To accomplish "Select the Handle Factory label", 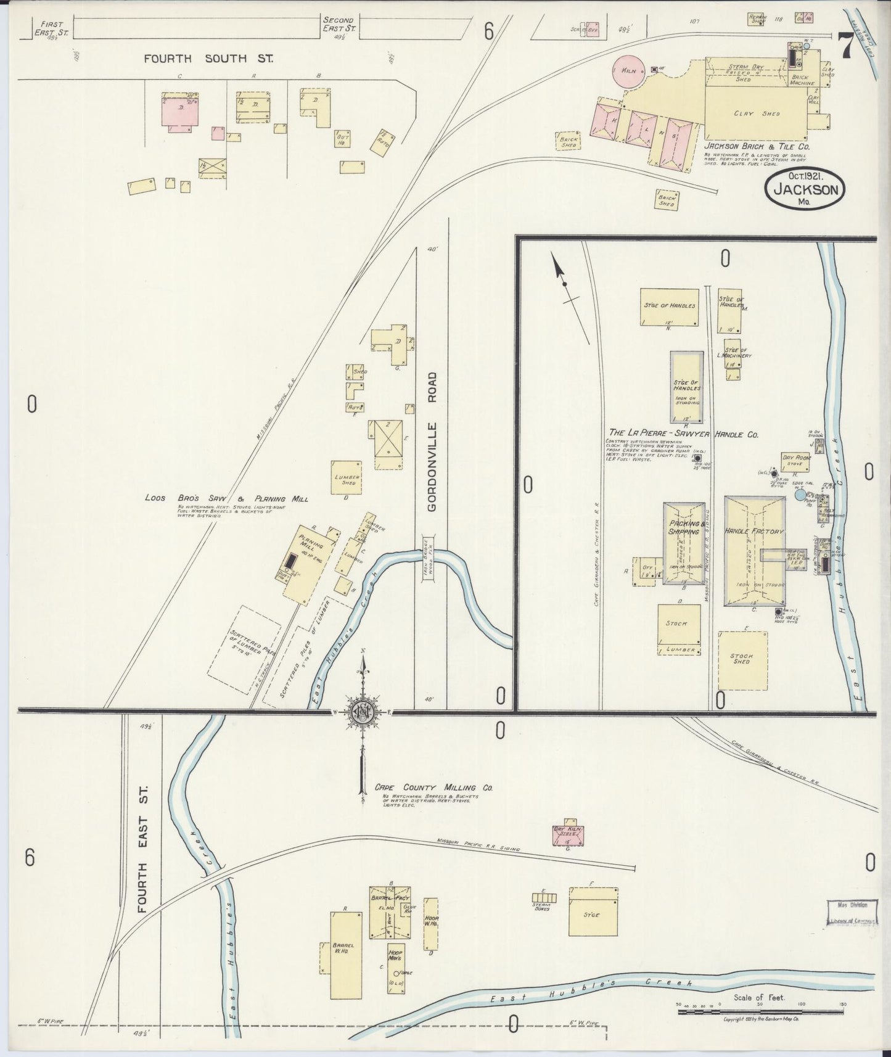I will coord(754,531).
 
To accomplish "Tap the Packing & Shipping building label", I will coord(683,527).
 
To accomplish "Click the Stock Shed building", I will coord(742,660).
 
